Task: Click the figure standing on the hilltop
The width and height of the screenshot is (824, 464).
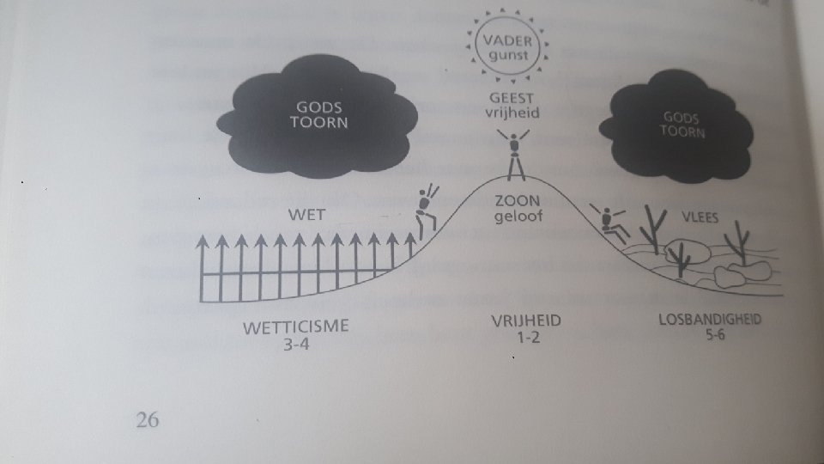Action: point(515,155)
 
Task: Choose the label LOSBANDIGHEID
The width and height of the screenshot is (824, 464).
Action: point(710,321)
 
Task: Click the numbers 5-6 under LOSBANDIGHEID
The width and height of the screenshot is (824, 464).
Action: point(712,336)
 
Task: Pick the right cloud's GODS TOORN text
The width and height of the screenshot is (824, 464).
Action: point(684,125)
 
